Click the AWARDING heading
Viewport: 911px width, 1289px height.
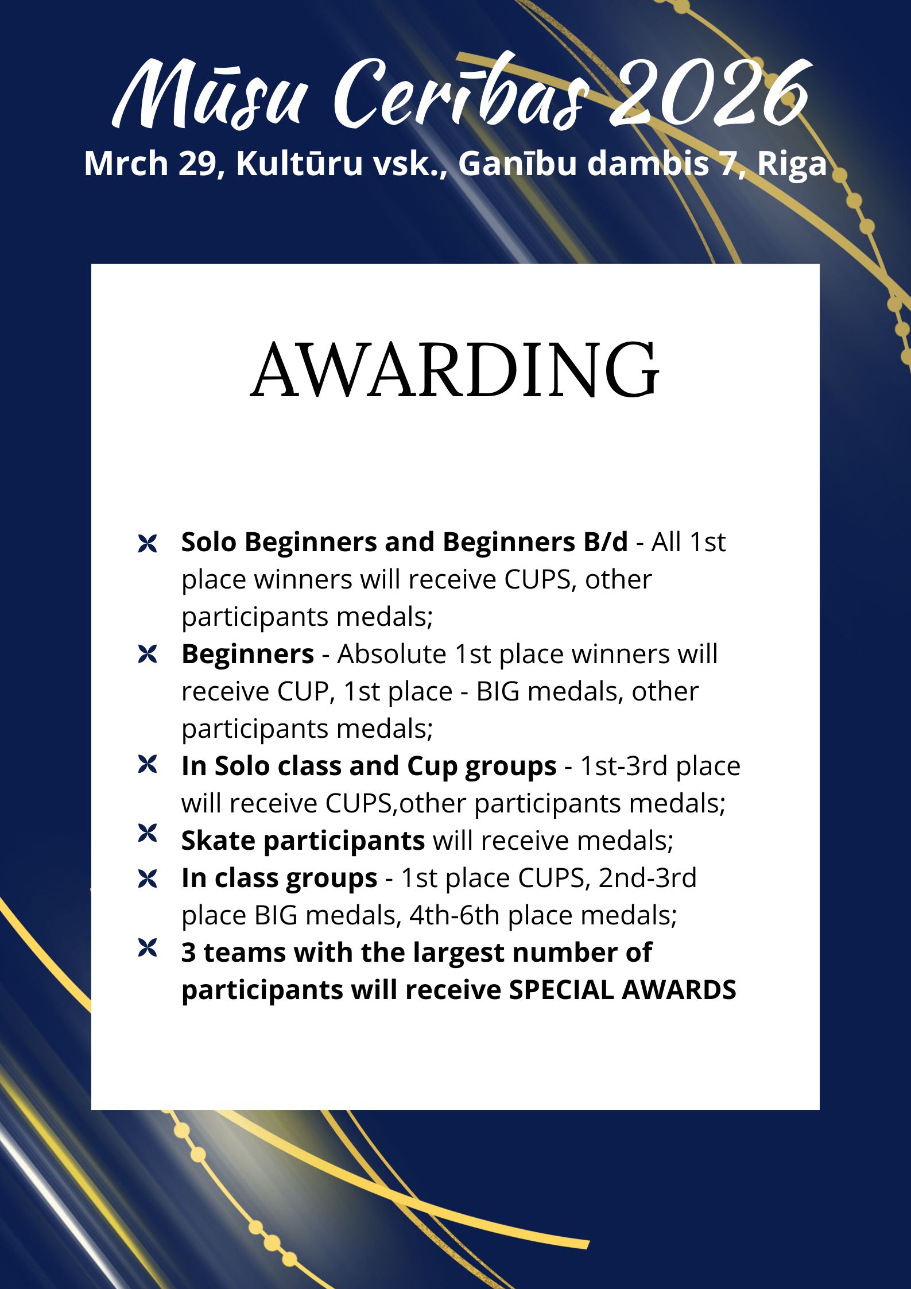tap(455, 370)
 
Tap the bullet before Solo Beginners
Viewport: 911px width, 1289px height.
tap(148, 543)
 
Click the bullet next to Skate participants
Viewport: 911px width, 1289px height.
tap(148, 833)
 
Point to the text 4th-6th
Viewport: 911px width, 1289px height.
tap(455, 915)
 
